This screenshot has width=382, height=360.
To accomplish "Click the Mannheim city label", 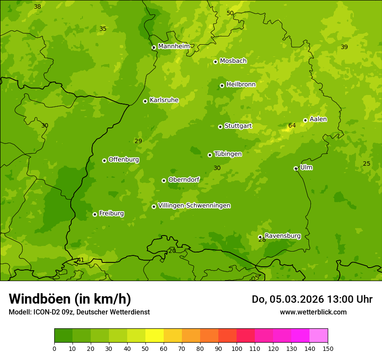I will click(x=174, y=46).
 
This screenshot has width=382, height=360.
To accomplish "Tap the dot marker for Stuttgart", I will click(x=220, y=127).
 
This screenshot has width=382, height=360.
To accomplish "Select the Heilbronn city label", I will click(x=241, y=85).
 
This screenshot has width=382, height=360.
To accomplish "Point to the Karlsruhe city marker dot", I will click(x=145, y=101).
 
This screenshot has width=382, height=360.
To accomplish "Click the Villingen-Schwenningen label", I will click(x=194, y=206).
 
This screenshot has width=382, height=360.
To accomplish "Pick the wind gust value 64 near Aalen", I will click(x=292, y=126).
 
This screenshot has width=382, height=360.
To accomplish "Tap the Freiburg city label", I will click(x=111, y=213).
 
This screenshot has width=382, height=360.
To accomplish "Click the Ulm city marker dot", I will click(x=296, y=168).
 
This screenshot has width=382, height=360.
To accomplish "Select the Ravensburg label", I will click(x=283, y=236).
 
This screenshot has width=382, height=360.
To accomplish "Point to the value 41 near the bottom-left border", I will click(x=81, y=260).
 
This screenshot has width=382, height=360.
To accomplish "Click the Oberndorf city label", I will click(x=184, y=180).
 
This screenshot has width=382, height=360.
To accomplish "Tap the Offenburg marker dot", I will click(x=104, y=160).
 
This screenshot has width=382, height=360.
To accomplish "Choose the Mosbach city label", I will click(x=233, y=61).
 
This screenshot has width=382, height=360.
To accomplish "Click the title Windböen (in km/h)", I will click(x=70, y=299).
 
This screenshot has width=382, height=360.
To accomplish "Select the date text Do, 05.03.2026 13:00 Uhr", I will click(x=312, y=299).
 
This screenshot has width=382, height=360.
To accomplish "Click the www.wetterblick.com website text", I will click(x=313, y=312).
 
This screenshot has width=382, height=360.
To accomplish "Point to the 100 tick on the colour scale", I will click(x=237, y=348).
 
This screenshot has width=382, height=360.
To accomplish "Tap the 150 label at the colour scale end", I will click(x=328, y=348).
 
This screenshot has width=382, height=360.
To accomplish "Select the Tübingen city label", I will click(x=228, y=154).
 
